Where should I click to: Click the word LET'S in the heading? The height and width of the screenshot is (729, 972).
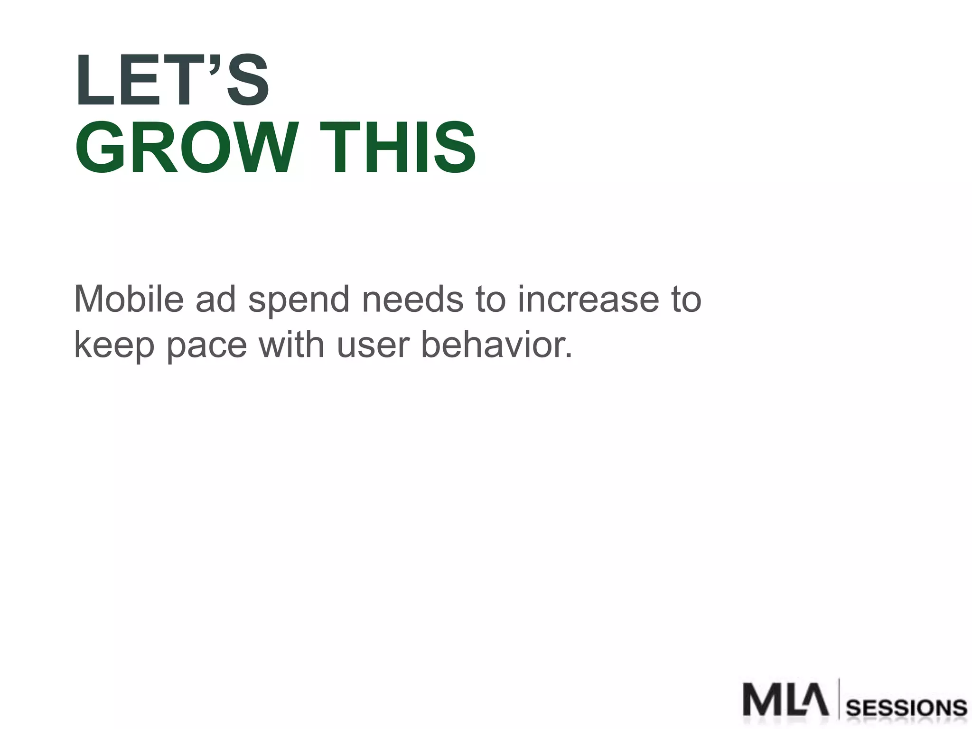pyautogui.click(x=172, y=81)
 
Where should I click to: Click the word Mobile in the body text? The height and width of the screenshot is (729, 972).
pyautogui.click(x=129, y=299)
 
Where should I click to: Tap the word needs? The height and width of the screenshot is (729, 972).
pyautogui.click(x=412, y=299)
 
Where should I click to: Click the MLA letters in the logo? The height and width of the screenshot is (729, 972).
pyautogui.click(x=786, y=700)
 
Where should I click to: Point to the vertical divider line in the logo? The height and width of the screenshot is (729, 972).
pyautogui.click(x=839, y=699)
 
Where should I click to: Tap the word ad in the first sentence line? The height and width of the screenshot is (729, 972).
pyautogui.click(x=216, y=299)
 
